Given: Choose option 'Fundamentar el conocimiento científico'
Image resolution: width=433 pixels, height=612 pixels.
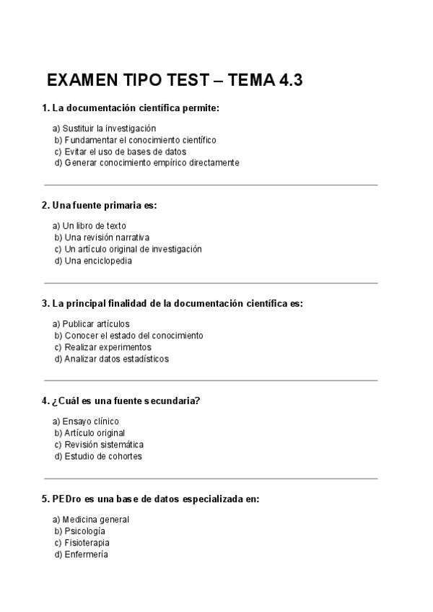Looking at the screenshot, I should pos(135,140).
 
